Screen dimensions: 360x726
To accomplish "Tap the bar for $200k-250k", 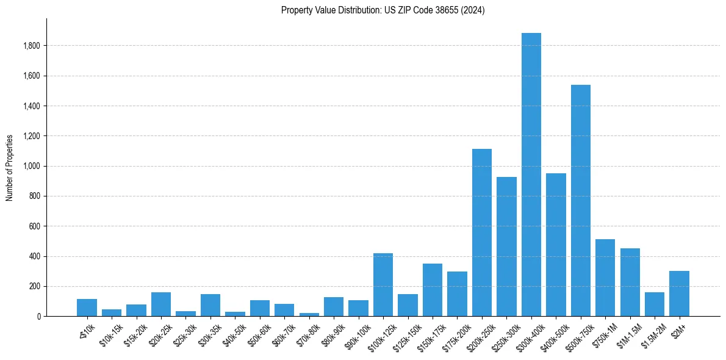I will [x=482, y=232].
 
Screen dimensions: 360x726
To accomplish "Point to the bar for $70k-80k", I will [x=309, y=314].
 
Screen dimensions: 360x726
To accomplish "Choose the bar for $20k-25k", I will [x=161, y=304].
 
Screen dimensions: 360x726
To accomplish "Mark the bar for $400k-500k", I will [x=556, y=245].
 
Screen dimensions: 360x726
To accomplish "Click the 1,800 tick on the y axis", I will [x=32, y=46].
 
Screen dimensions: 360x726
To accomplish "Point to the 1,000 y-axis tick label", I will [x=32, y=166].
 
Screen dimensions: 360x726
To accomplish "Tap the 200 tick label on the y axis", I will [x=35, y=286].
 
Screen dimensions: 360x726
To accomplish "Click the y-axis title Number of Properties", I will [x=10, y=168].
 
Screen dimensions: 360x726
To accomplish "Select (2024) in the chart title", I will [x=473, y=10].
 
